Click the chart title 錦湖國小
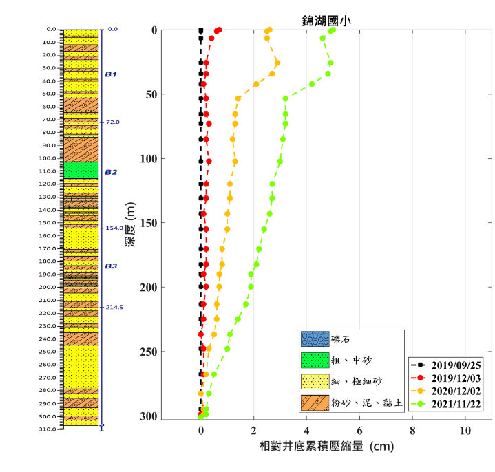[x=326, y=21]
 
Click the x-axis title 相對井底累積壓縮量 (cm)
[x=326, y=447]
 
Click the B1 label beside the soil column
[x=111, y=74]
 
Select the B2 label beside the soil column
[x=111, y=172]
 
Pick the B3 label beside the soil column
[x=111, y=266]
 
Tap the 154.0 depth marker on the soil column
[x=114, y=228]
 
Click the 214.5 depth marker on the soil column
[x=114, y=308]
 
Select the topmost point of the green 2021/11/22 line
[x=333, y=30]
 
